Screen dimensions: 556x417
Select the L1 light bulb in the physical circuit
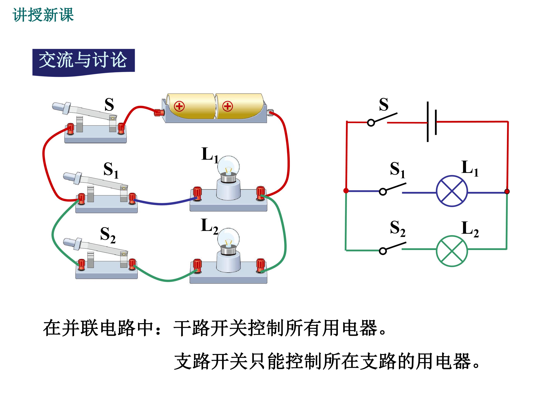coord(228,169)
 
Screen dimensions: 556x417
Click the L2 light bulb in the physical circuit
coord(228,241)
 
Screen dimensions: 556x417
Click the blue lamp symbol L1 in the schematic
coord(452,191)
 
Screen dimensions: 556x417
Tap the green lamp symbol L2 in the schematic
coord(452,251)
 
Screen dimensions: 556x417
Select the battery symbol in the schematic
coord(432,122)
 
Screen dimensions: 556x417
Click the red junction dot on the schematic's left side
coord(346,191)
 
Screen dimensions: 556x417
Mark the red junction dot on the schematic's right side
coord(507,192)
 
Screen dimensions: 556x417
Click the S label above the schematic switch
coord(384,104)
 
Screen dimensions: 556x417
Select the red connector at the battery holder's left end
coord(159,112)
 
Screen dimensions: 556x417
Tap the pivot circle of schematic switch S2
coord(383,251)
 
